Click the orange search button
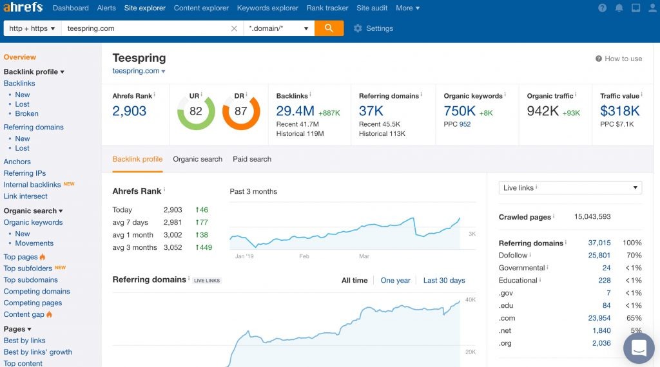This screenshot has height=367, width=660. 329,28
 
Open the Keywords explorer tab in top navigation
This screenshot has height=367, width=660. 267,8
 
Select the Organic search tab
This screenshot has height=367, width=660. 197,159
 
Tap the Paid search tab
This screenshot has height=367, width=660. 252,159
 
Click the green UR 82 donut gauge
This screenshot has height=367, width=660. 196,111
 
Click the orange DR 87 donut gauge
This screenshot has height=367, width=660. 240,111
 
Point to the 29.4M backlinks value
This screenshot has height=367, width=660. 295,111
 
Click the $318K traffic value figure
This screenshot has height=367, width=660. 620,111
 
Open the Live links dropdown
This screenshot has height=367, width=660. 570,188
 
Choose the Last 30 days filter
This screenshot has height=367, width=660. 444,280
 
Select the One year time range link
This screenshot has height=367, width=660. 395,280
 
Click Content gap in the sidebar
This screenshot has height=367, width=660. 24,314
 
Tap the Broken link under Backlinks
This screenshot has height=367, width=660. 27,113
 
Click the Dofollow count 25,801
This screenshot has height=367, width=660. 599,256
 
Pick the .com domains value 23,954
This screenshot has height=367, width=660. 599,318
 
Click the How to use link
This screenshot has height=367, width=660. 619,59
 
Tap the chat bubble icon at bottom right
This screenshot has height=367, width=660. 639,348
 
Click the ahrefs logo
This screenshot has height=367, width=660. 23,8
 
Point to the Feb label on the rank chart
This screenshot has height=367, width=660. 304,256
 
